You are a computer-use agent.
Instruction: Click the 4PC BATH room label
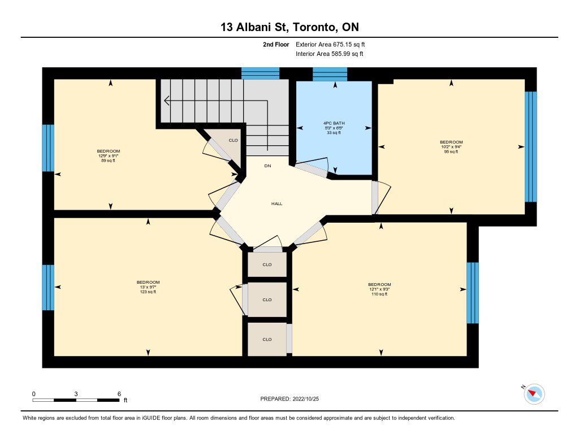[334, 123]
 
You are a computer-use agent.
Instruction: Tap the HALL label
[277, 204]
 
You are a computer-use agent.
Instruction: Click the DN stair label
[267, 166]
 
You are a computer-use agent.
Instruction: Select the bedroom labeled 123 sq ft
[148, 287]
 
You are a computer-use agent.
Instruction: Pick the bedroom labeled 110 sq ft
[379, 289]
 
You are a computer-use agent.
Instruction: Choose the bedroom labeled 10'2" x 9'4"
[451, 146]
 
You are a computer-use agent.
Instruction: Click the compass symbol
[534, 394]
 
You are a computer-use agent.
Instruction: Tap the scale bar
[76, 400]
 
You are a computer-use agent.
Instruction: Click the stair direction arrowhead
[167, 100]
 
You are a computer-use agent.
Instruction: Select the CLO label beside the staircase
[234, 140]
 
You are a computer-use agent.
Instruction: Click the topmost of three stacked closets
[267, 264]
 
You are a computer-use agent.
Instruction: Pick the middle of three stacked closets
[267, 300]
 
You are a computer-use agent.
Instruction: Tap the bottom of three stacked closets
[267, 339]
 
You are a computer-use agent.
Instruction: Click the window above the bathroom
[330, 74]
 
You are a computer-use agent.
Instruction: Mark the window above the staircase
[260, 73]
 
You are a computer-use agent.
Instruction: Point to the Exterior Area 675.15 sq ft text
[330, 44]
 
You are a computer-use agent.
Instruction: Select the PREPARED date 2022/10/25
[306, 398]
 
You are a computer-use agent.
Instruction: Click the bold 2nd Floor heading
[276, 44]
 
